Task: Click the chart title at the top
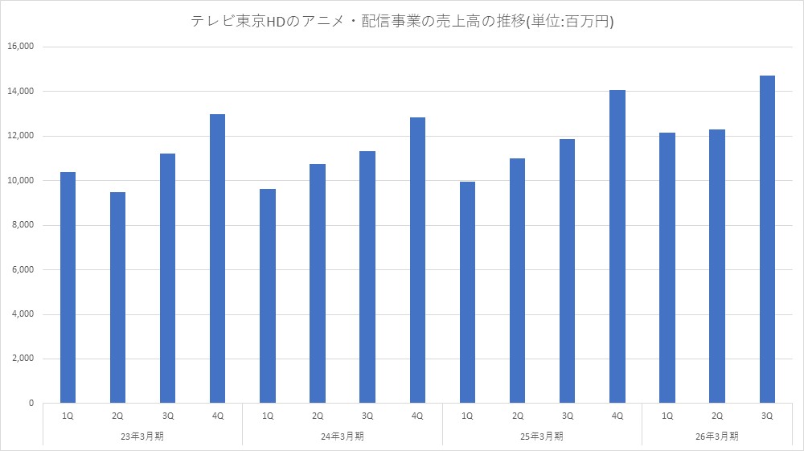pos(401,23)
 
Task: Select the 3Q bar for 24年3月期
pos(367,277)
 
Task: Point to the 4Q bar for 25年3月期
pos(617,246)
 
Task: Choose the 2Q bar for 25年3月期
pos(517,281)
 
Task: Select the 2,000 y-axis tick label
pos(22,359)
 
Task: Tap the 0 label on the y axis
pos(31,403)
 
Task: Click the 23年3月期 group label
pos(142,436)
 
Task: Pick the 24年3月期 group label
pos(343,436)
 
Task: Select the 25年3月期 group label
pos(542,436)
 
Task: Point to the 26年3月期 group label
pos(717,436)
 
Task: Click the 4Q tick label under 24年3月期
pos(417,416)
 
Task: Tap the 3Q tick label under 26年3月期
pos(766,416)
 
